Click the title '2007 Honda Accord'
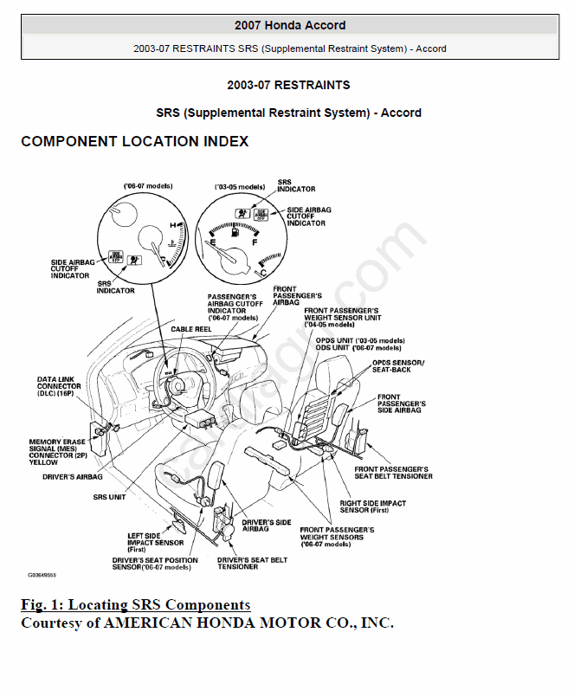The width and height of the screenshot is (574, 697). pyautogui.click(x=290, y=25)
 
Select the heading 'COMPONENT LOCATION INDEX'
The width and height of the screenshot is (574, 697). pyautogui.click(x=135, y=141)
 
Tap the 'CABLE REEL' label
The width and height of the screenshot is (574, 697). pyautogui.click(x=191, y=329)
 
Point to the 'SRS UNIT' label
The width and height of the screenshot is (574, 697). pyautogui.click(x=109, y=497)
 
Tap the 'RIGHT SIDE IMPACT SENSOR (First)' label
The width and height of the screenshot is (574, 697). pyautogui.click(x=372, y=507)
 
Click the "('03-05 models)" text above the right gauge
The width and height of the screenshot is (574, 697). pyautogui.click(x=240, y=186)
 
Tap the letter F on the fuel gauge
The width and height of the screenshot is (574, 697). pyautogui.click(x=255, y=243)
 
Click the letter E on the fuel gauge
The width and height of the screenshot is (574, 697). pyautogui.click(x=210, y=244)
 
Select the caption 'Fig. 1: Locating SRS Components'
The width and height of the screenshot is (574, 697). pyautogui.click(x=136, y=604)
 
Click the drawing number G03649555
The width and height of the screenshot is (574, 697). pyautogui.click(x=42, y=575)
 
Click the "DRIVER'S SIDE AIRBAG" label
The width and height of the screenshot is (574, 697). pyautogui.click(x=267, y=526)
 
